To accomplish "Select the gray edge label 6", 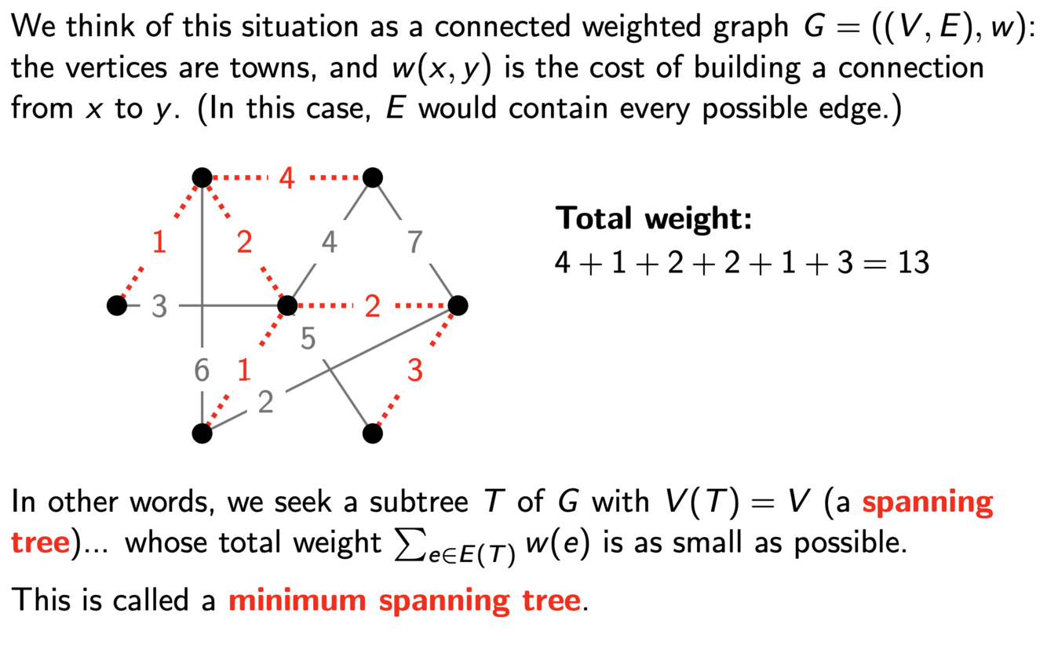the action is pyautogui.click(x=202, y=370).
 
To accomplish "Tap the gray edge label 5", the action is pyautogui.click(x=308, y=339).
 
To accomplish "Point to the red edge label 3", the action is pyautogui.click(x=415, y=370).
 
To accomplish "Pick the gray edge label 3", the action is pyautogui.click(x=159, y=306).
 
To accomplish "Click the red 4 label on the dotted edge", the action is pyautogui.click(x=287, y=179).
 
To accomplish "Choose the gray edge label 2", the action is pyautogui.click(x=266, y=402).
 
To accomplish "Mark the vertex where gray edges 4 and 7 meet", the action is pyautogui.click(x=374, y=178).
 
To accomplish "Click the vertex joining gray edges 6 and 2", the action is pyautogui.click(x=202, y=433).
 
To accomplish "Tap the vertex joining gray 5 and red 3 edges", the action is pyautogui.click(x=374, y=433).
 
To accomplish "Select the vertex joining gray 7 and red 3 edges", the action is pyautogui.click(x=458, y=305).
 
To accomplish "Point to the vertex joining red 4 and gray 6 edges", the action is pyautogui.click(x=202, y=178).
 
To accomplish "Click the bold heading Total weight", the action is pyautogui.click(x=654, y=217).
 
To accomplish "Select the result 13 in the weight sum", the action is pyautogui.click(x=911, y=262).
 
